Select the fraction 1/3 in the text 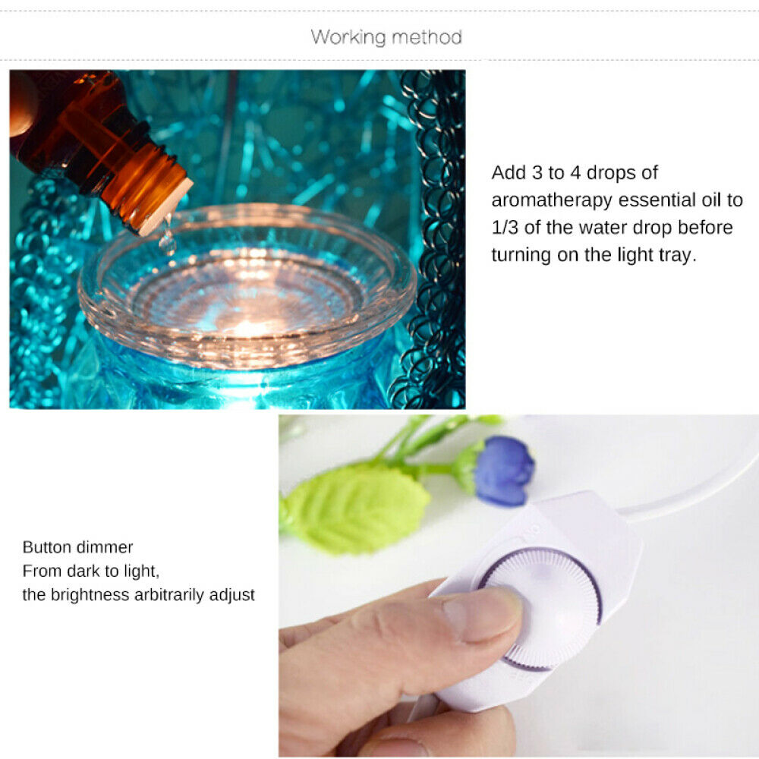pos(505,228)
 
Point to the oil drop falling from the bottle pos(168,240)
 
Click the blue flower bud pos(503,471)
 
